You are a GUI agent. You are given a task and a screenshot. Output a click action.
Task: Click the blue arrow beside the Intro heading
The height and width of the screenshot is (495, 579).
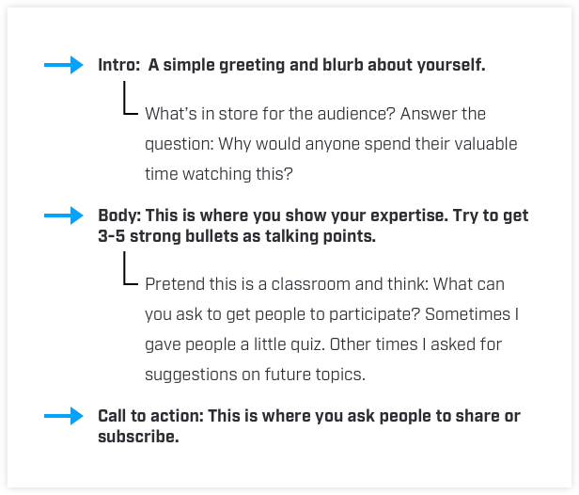click(x=64, y=65)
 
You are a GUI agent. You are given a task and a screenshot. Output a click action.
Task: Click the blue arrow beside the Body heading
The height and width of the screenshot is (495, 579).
click(x=64, y=216)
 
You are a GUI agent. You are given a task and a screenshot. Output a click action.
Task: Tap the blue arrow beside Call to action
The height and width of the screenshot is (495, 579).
click(x=64, y=416)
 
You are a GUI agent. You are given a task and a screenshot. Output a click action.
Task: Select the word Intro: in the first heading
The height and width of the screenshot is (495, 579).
click(x=118, y=65)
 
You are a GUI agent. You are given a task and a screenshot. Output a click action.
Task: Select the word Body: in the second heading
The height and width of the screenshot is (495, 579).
click(x=119, y=216)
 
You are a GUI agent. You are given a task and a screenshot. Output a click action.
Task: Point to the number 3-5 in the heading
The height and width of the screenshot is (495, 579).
click(x=112, y=236)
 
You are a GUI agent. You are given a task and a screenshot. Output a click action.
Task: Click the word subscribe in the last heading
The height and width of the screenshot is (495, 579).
click(x=138, y=437)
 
